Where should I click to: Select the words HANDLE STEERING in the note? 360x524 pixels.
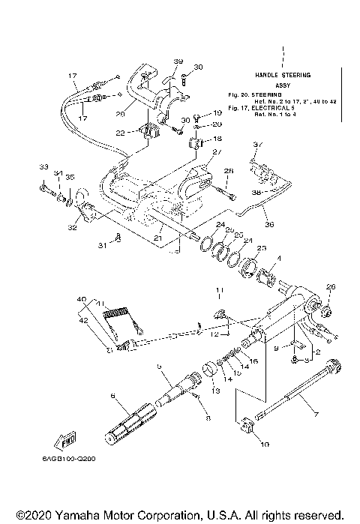pos(282,76)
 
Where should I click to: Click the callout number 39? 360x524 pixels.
pos(178,61)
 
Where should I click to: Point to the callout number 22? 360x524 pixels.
pos(121,133)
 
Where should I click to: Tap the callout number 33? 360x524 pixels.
pos(43,166)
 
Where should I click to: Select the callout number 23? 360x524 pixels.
pos(262,247)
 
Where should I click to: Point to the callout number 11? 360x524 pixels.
pos(220,289)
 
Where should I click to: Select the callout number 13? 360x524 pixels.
pos(216,391)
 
